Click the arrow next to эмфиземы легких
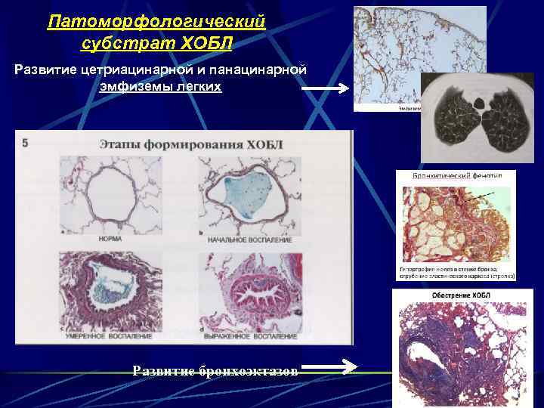[x=325, y=88]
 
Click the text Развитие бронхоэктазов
[x=215, y=370]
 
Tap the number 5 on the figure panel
[x=26, y=141]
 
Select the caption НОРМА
[x=111, y=239]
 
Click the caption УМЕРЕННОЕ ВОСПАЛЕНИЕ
[x=110, y=335]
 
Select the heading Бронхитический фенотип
[x=455, y=175]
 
